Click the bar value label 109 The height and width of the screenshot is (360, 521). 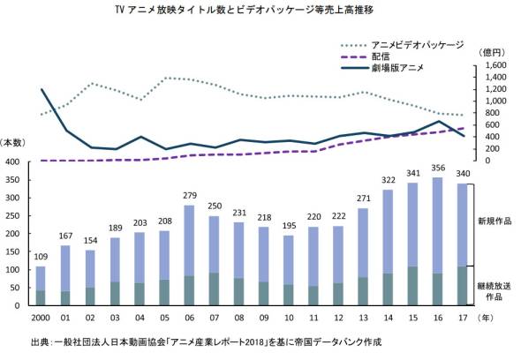tap(41, 259)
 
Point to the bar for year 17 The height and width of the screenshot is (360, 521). tap(464, 244)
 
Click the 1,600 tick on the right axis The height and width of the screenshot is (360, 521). tap(494, 65)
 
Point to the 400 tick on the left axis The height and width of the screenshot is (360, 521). tap(12, 162)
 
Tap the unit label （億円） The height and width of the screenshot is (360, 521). tap(488, 51)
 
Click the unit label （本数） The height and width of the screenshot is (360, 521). tap(13, 143)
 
